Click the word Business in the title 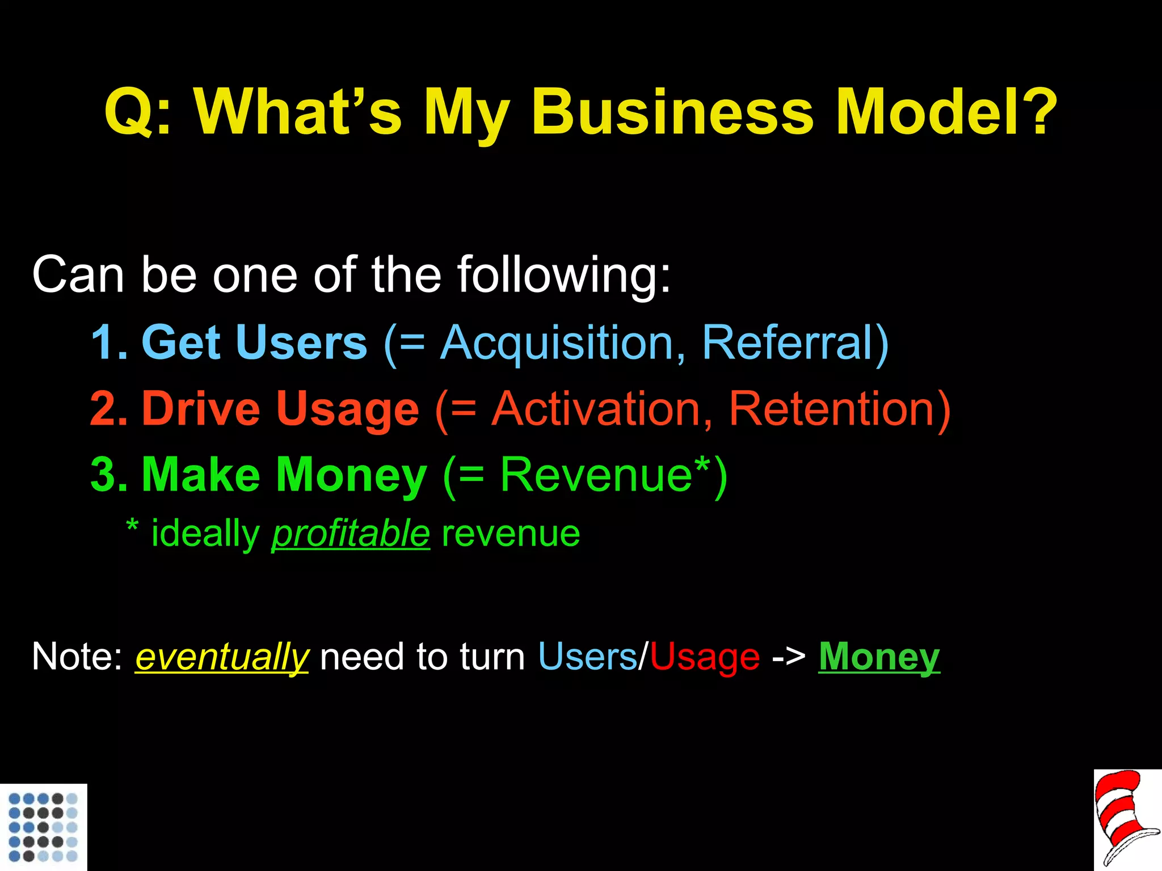(672, 112)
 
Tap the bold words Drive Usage (280, 409)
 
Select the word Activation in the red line (596, 409)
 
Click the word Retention (832, 409)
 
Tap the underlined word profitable (351, 534)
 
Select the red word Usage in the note (704, 658)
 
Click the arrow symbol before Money (789, 658)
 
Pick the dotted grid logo (43, 827)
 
